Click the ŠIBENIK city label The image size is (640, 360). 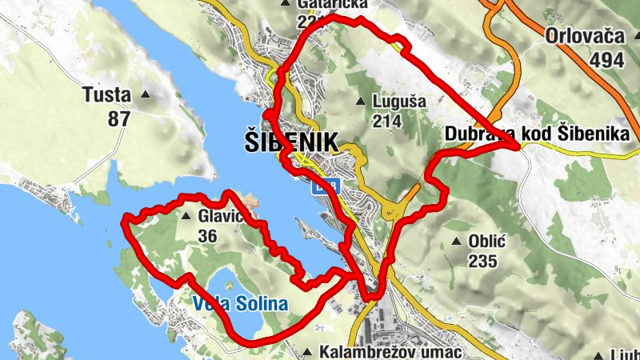click(289, 142)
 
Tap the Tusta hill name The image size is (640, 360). click(106, 95)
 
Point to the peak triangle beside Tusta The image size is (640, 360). click(146, 94)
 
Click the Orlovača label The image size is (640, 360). click(588, 35)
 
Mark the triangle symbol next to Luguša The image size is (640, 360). click(361, 102)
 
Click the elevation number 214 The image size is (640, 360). click(386, 121)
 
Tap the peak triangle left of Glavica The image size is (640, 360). click(186, 216)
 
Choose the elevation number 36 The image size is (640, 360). click(206, 235)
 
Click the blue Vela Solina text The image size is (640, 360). click(239, 304)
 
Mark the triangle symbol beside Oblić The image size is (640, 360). click(457, 240)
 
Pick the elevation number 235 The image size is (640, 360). click(482, 261)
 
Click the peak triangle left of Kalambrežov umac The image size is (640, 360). click(308, 352)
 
